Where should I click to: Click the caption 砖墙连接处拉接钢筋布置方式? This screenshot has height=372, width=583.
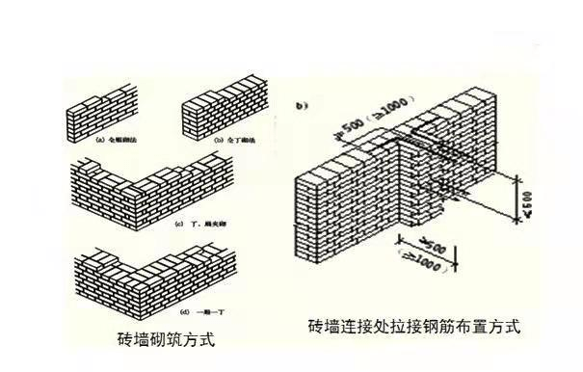click(414, 326)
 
